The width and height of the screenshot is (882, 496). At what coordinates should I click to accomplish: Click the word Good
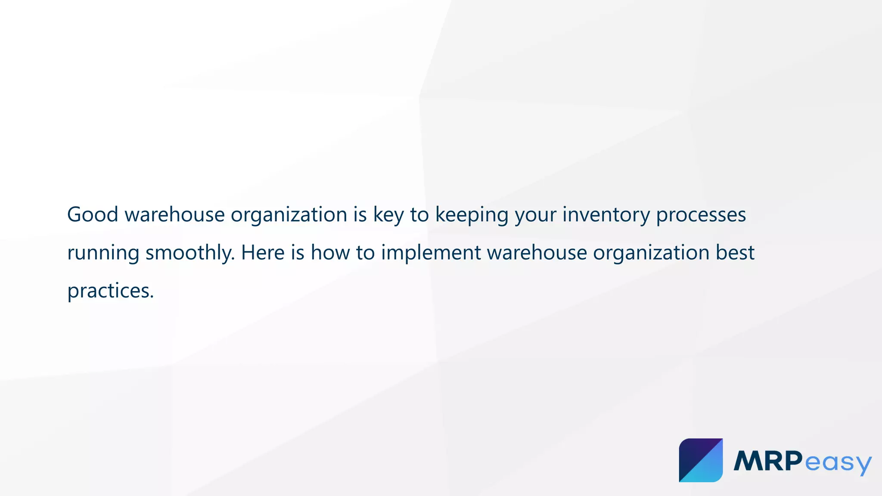tap(93, 214)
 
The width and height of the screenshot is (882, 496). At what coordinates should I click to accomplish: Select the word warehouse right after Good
tap(174, 214)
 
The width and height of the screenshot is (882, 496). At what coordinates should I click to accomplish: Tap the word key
tap(388, 214)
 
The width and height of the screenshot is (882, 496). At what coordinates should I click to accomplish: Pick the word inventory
tap(606, 214)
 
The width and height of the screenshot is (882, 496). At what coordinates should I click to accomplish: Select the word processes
tap(701, 214)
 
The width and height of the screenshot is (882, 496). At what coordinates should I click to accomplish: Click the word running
tap(103, 253)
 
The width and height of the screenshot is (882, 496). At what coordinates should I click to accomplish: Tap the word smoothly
tap(190, 253)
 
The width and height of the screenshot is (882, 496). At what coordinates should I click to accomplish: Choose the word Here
tap(263, 253)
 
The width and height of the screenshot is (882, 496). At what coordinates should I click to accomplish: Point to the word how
tap(330, 253)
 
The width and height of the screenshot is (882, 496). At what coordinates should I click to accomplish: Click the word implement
tap(431, 253)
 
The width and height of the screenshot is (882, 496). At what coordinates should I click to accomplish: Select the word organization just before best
tap(651, 253)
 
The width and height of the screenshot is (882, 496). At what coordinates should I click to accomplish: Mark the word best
tap(735, 253)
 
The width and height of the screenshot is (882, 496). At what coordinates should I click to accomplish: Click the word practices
tap(110, 291)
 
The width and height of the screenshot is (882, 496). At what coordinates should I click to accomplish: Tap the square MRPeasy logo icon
tap(701, 460)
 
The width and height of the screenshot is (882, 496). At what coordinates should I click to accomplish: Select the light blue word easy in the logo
tap(838, 463)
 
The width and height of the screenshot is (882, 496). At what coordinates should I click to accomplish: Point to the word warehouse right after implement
tap(537, 253)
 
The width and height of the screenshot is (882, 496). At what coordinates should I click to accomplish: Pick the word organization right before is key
tap(289, 214)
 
